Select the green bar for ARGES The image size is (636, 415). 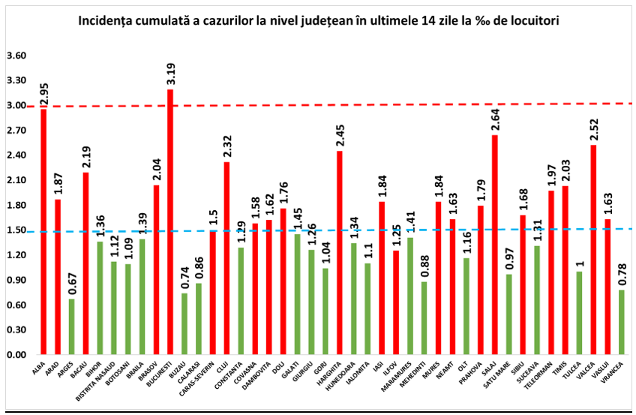pyautogui.click(x=71, y=326)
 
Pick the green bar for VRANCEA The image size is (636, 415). pyautogui.click(x=622, y=322)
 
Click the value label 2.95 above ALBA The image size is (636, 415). pyautogui.click(x=43, y=95)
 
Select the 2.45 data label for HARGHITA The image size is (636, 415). pyautogui.click(x=340, y=137)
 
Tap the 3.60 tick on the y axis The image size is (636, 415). pyautogui.click(x=16, y=56)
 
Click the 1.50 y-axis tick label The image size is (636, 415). pyautogui.click(x=16, y=230)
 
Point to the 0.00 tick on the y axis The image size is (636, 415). pyautogui.click(x=16, y=355)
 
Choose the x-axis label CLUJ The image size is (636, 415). pyautogui.click(x=223, y=368)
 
